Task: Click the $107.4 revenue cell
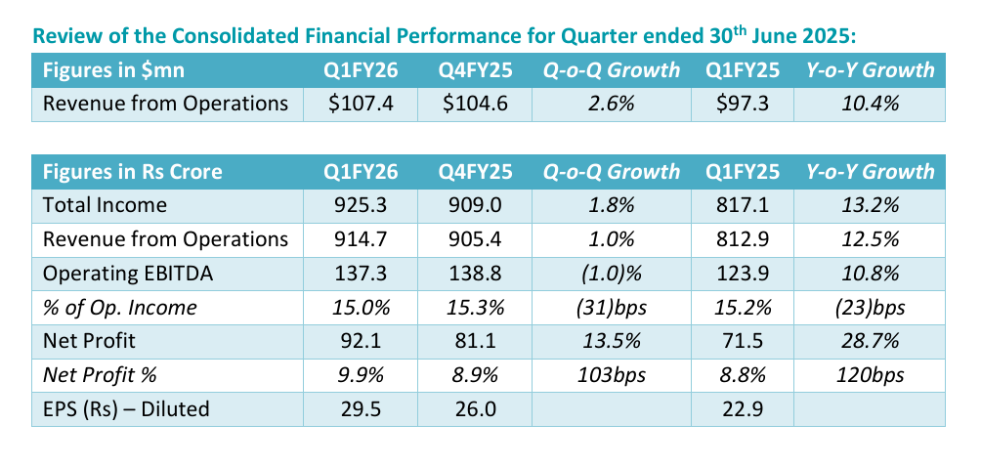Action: coord(362,104)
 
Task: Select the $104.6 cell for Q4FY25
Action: coord(474,104)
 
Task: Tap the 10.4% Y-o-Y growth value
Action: coord(870,104)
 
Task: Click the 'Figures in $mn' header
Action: coord(108,70)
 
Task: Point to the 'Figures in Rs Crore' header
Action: coord(133,172)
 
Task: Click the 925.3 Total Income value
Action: coord(362,205)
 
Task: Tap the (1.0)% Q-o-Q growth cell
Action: coord(612,274)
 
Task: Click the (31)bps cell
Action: coord(612,308)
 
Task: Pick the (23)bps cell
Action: coord(870,308)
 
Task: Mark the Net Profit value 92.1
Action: coord(362,342)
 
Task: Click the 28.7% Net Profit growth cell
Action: coord(870,342)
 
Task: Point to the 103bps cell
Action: coord(612,375)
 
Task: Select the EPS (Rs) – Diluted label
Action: coord(126,409)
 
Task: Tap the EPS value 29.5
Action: coord(362,409)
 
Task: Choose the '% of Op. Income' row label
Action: coord(120,308)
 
